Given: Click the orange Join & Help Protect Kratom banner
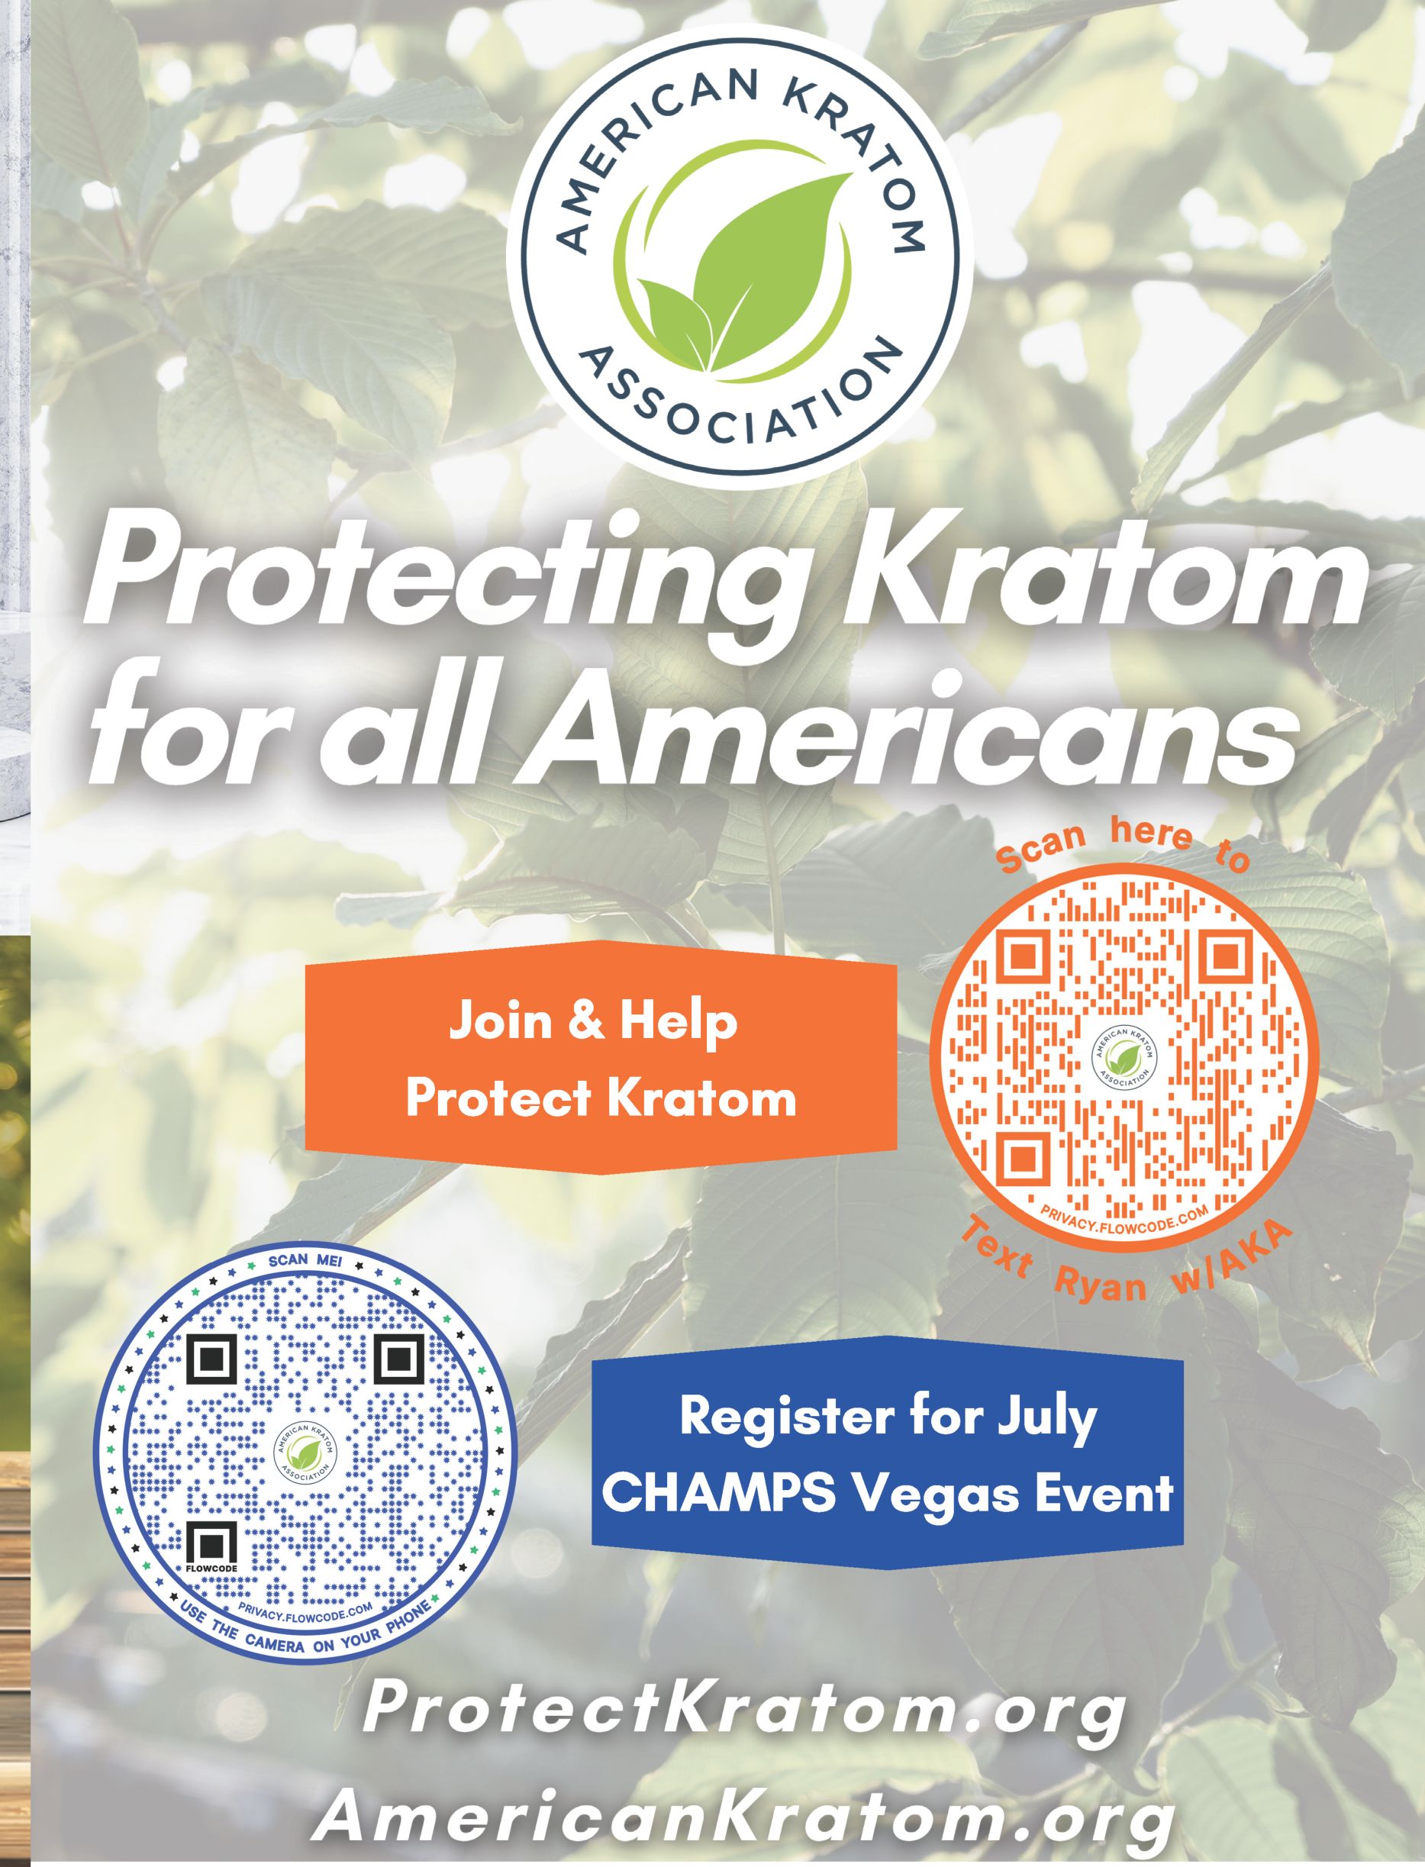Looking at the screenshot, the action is tap(601, 1057).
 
